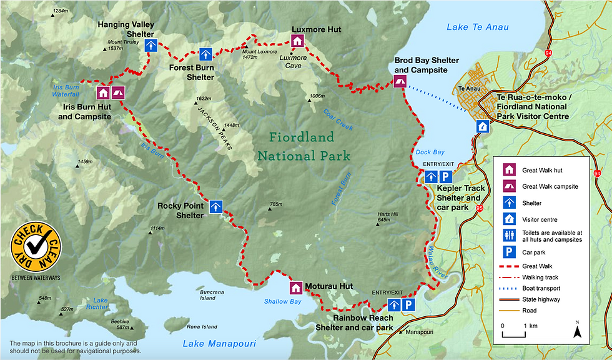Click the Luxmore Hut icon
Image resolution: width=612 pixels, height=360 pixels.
pos(297,41)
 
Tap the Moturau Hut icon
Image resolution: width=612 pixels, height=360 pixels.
pos(295,287)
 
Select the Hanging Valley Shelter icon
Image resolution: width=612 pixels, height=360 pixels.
pos(151,45)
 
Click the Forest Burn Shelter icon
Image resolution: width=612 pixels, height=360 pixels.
pos(206,54)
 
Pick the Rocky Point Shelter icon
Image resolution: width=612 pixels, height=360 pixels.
pos(217,206)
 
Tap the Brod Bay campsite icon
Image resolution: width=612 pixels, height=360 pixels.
pos(400,81)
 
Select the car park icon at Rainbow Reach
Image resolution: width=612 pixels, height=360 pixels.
pos(408,305)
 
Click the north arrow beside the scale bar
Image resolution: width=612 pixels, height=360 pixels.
pos(578,330)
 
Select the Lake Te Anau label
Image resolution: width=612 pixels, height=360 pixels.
pos(478,27)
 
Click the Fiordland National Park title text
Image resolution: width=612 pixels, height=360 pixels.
pos(304,146)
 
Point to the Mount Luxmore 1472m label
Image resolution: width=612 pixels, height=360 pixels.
pos(259,54)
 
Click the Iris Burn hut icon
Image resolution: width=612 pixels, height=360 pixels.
pos(103,92)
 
